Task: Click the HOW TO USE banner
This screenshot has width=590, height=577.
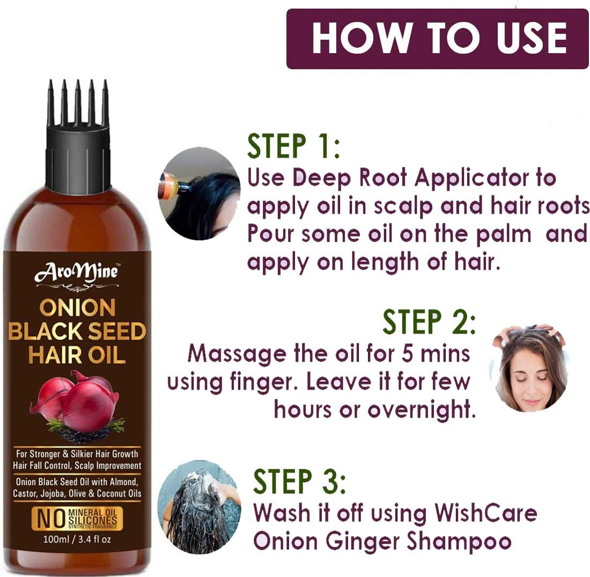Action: point(437,39)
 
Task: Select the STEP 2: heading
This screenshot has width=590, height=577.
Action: point(429,322)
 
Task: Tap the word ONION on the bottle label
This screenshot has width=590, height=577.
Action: point(77,308)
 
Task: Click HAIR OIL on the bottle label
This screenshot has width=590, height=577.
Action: point(77,355)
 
